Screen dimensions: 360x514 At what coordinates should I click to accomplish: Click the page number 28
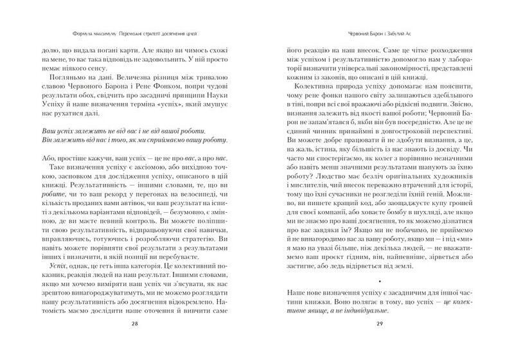tap(135, 341)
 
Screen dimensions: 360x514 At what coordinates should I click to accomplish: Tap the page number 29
tap(380, 341)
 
